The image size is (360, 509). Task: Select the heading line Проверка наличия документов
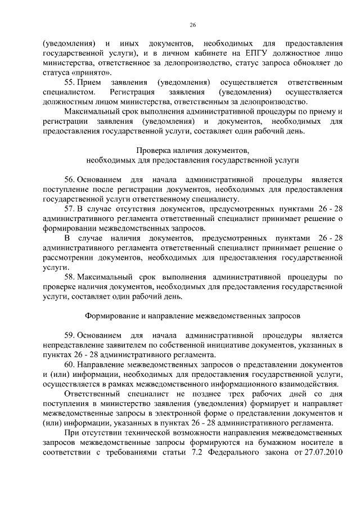pyautogui.click(x=192, y=150)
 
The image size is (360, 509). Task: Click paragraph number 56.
pyautogui.click(x=70, y=179)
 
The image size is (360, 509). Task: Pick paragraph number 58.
pyautogui.click(x=70, y=277)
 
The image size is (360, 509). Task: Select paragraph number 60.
pyautogui.click(x=70, y=365)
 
